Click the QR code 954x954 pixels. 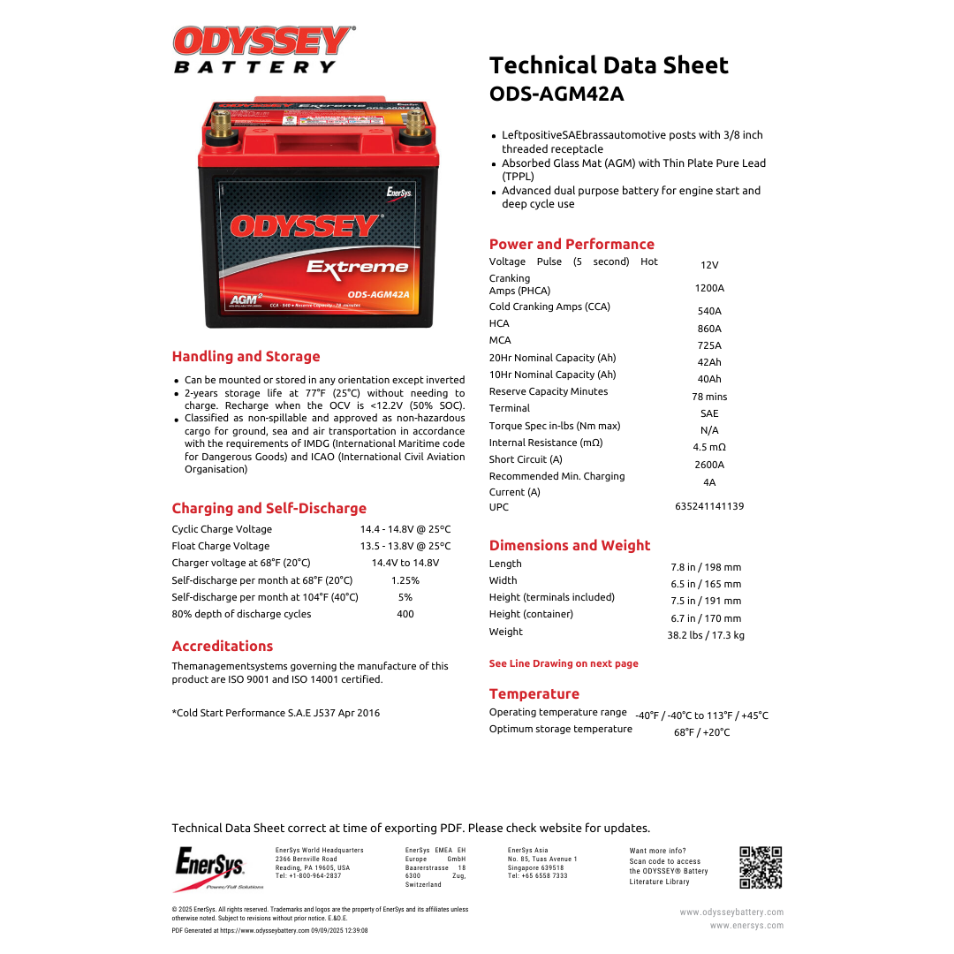pos(761,867)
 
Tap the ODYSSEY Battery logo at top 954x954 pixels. pos(264,49)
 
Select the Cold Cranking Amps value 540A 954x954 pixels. pos(709,311)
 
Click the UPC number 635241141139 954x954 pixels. pos(709,507)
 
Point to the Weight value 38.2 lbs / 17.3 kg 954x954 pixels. pos(706,635)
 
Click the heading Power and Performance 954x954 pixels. pos(572,245)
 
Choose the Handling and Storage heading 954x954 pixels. pos(246,357)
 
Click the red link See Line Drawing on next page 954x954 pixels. pos(564,663)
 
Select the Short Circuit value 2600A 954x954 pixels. pos(709,465)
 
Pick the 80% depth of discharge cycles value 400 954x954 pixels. pos(405,614)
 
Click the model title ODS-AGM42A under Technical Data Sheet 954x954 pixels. pos(556,94)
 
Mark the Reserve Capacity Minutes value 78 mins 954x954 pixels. pos(709,397)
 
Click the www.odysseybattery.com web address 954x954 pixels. pos(731,912)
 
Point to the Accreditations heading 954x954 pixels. pos(223,647)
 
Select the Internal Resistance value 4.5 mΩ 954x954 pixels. pos(709,447)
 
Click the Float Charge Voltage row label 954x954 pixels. pos(221,546)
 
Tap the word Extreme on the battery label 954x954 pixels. pos(358,267)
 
